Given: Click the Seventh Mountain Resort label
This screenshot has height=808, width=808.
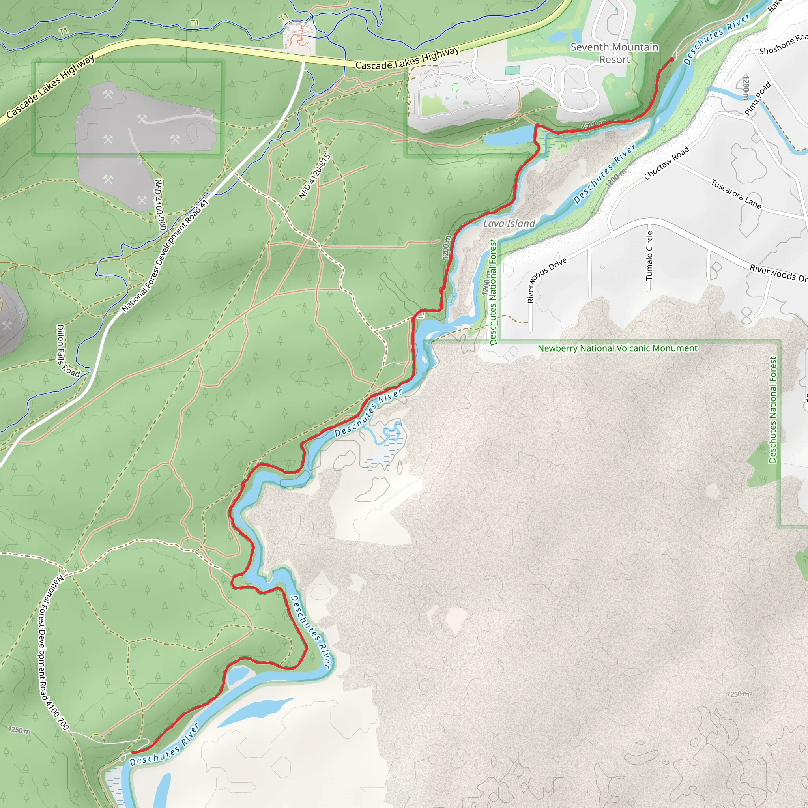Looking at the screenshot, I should pos(614,53).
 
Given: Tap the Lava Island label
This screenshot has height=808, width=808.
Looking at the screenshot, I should pos(509,224).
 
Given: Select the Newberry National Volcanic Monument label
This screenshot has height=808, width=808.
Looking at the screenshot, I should pos(617,348).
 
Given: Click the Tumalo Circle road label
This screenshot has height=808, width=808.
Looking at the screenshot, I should pos(649,256).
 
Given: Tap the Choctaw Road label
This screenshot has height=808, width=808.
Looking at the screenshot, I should pos(666,163).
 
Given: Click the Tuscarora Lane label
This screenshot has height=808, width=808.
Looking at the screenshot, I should pos(736,194).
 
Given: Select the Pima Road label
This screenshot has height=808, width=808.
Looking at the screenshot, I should pos(757,99).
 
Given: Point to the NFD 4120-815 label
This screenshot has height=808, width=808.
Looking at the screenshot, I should pos(314,176).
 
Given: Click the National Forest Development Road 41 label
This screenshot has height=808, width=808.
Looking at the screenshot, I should pos(165,256).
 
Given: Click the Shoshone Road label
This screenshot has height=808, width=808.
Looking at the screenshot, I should pos(783,45).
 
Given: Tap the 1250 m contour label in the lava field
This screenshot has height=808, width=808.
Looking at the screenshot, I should pos(739,694).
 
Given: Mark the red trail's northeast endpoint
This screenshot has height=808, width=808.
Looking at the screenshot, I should pos(671,60).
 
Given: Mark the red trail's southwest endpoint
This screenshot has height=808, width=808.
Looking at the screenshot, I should pos(132,753).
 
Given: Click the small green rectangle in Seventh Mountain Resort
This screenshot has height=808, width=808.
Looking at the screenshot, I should pos(512,70).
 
